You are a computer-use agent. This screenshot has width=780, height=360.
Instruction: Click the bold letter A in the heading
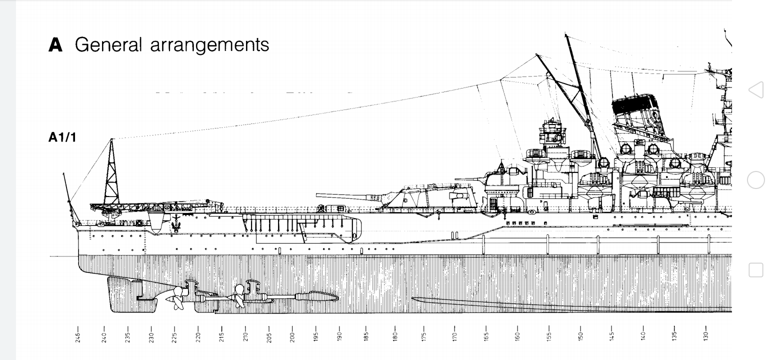pos(55,45)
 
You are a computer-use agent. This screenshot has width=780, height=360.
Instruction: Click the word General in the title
pos(108,45)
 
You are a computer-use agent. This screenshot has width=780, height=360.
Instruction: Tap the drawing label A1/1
pos(62,137)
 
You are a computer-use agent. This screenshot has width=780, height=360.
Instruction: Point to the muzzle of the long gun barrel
pos(318,195)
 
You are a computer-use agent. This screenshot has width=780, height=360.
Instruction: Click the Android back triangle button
pos(756,90)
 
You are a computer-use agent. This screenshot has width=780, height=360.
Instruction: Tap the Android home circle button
pos(756,180)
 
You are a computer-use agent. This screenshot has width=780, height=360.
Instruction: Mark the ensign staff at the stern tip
pos(69,197)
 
